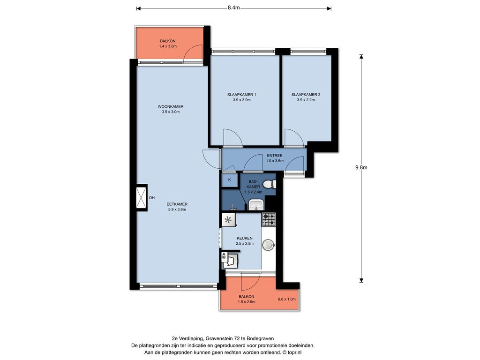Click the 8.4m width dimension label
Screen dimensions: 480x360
(233, 8)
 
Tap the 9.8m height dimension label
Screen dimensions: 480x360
(361, 167)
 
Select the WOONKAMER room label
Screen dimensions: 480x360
(171, 106)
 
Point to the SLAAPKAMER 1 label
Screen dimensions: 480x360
(241, 95)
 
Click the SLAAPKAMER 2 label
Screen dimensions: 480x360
(306, 95)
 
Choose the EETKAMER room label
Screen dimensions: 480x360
(177, 204)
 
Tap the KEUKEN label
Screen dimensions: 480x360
(245, 238)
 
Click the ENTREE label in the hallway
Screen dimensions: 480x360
(275, 156)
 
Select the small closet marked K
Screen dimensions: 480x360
(230, 180)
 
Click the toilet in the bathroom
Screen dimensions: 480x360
(269, 184)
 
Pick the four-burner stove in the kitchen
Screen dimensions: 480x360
(269, 219)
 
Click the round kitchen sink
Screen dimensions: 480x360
(269, 245)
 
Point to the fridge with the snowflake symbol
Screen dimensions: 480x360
(228, 220)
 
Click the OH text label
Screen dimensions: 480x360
(151, 198)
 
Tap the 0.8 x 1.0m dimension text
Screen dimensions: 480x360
(286, 299)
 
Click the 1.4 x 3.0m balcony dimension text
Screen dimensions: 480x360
(168, 46)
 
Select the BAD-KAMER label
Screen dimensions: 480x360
(253, 184)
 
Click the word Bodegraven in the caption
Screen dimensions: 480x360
(262, 338)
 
